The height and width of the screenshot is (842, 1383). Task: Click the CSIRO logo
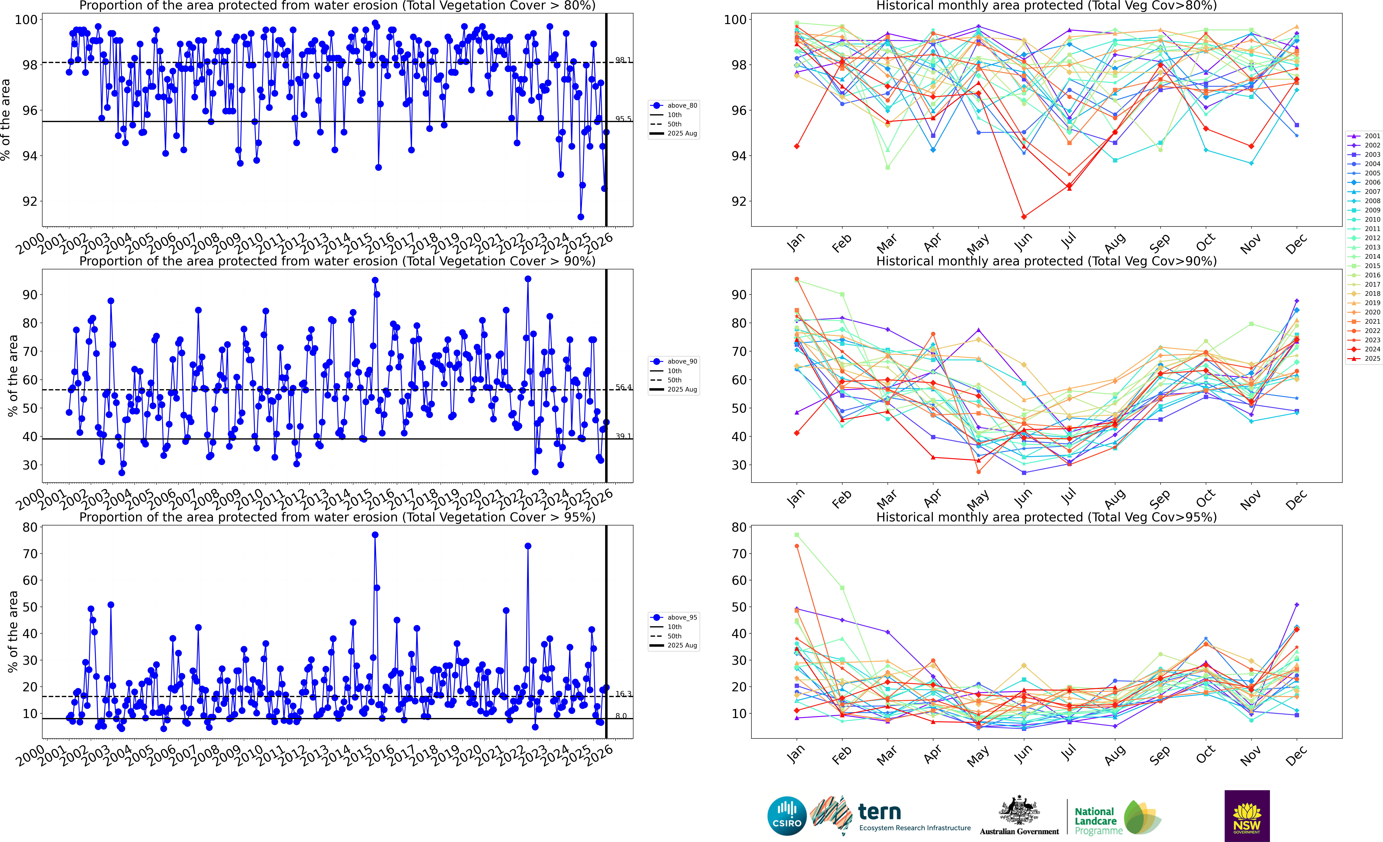click(787, 816)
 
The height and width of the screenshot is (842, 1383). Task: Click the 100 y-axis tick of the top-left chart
click(26, 20)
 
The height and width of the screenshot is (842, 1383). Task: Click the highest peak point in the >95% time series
click(375, 535)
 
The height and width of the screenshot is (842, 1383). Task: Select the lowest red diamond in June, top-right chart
click(1024, 217)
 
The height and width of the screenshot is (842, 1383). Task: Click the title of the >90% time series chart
click(337, 261)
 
